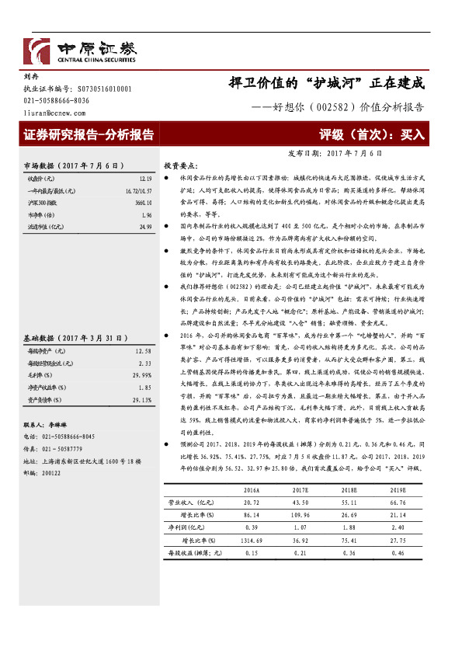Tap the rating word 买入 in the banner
coord(412,134)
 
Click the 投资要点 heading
coord(179,166)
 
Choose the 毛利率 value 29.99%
coord(141,353)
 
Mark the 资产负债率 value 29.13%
coord(141,377)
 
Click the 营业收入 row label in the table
coord(191,503)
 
